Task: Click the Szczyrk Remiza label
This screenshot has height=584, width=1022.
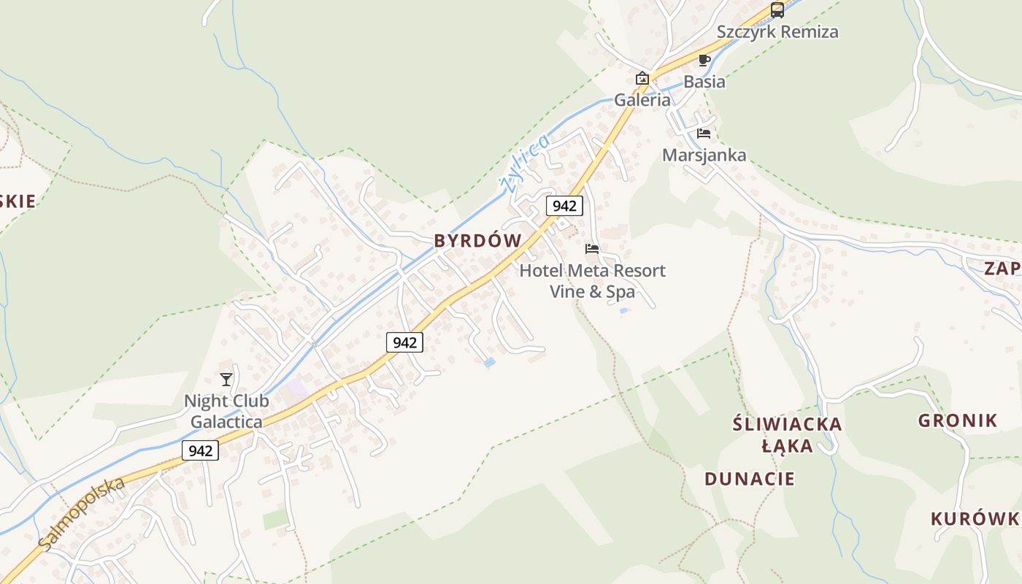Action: pyautogui.click(x=777, y=32)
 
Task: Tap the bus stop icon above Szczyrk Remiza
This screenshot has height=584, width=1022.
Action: pyautogui.click(x=777, y=10)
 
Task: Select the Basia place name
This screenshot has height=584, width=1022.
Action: pyautogui.click(x=704, y=82)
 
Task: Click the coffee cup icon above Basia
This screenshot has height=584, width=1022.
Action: pyautogui.click(x=704, y=60)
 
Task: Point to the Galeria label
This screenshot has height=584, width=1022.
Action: pyautogui.click(x=642, y=100)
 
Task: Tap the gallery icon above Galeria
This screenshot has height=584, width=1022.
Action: pyautogui.click(x=642, y=78)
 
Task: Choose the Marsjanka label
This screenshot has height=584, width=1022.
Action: pyautogui.click(x=704, y=155)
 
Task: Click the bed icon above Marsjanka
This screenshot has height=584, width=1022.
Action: pyautogui.click(x=704, y=134)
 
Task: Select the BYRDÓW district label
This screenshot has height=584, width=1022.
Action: pyautogui.click(x=478, y=241)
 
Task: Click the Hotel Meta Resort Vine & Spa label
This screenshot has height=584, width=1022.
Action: pyautogui.click(x=592, y=281)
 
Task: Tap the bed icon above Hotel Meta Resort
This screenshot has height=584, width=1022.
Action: pyautogui.click(x=592, y=249)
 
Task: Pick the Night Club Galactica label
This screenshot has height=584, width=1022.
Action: pyautogui.click(x=226, y=411)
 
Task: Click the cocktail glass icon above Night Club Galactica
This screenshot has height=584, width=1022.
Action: pyautogui.click(x=226, y=379)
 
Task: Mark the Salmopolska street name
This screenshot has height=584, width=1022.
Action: pyautogui.click(x=82, y=515)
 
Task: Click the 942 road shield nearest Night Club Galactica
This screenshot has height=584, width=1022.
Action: pyautogui.click(x=200, y=450)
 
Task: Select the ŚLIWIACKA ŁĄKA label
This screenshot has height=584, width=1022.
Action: pyautogui.click(x=788, y=434)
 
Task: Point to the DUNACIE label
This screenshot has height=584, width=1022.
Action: pyautogui.click(x=750, y=479)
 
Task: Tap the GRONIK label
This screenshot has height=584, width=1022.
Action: pyautogui.click(x=958, y=420)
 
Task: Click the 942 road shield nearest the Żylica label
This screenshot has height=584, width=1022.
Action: pyautogui.click(x=564, y=206)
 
